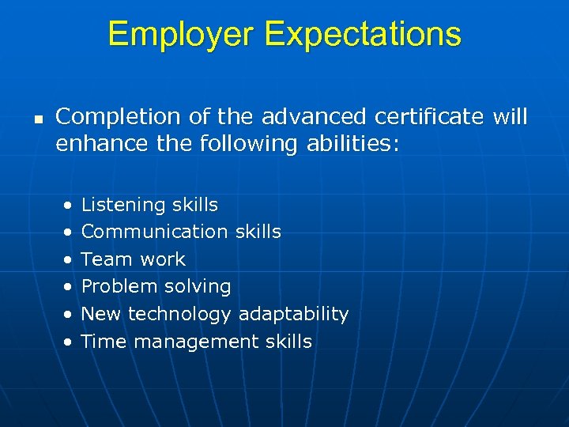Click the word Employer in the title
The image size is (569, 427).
(182, 35)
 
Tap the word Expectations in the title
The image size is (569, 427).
(363, 35)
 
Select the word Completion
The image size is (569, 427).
(112, 118)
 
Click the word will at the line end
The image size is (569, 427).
(510, 118)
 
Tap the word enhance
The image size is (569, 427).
(92, 145)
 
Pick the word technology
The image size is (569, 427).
(179, 315)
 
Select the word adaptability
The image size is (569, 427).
(293, 315)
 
